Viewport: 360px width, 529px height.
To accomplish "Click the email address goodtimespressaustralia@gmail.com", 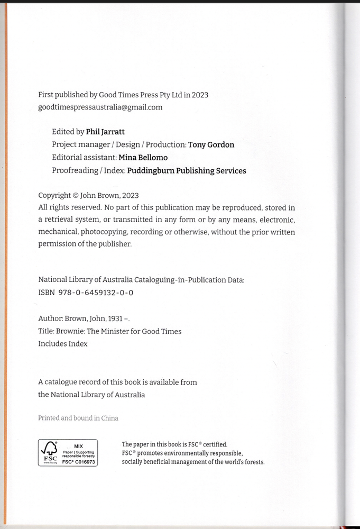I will [x=100, y=107].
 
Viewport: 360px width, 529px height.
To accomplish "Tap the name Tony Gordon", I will [x=211, y=144].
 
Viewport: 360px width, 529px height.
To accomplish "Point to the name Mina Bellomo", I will [x=143, y=158].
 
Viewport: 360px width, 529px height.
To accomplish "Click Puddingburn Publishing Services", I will [x=187, y=170].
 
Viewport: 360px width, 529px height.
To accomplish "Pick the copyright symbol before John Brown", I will [x=75, y=195].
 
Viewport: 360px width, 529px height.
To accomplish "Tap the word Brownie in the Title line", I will [x=70, y=331].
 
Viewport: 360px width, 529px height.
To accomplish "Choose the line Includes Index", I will [x=63, y=344].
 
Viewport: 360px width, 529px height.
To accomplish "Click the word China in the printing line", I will [x=110, y=418].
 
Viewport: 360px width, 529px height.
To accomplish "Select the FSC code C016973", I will [x=82, y=462].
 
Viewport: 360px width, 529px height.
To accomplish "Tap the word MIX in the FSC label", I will [x=78, y=446].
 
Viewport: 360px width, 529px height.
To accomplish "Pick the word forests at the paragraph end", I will [x=253, y=462].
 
